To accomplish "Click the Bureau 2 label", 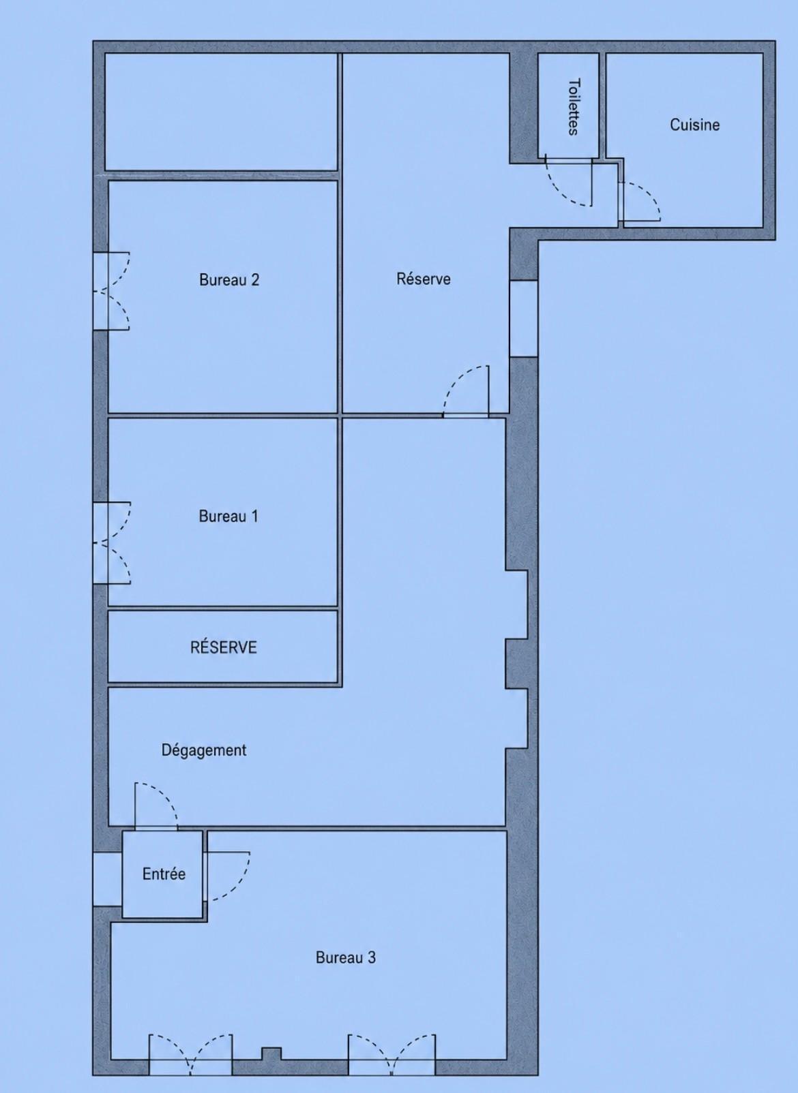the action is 229,279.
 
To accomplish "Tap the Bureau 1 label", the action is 228,516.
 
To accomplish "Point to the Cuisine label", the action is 694,125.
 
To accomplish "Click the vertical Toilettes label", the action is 574,106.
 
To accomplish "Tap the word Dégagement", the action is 204,750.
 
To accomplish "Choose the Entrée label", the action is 164,873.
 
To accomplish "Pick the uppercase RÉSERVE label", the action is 223,647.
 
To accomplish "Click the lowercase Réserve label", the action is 424,279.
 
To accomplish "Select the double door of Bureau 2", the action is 112,291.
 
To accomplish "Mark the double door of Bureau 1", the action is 113,542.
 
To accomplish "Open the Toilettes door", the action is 570,181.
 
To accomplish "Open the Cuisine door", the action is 640,202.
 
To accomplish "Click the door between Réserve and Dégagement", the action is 465,391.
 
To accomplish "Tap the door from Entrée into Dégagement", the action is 157,806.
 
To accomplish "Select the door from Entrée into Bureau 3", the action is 226,876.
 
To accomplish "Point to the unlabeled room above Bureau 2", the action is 221,112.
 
